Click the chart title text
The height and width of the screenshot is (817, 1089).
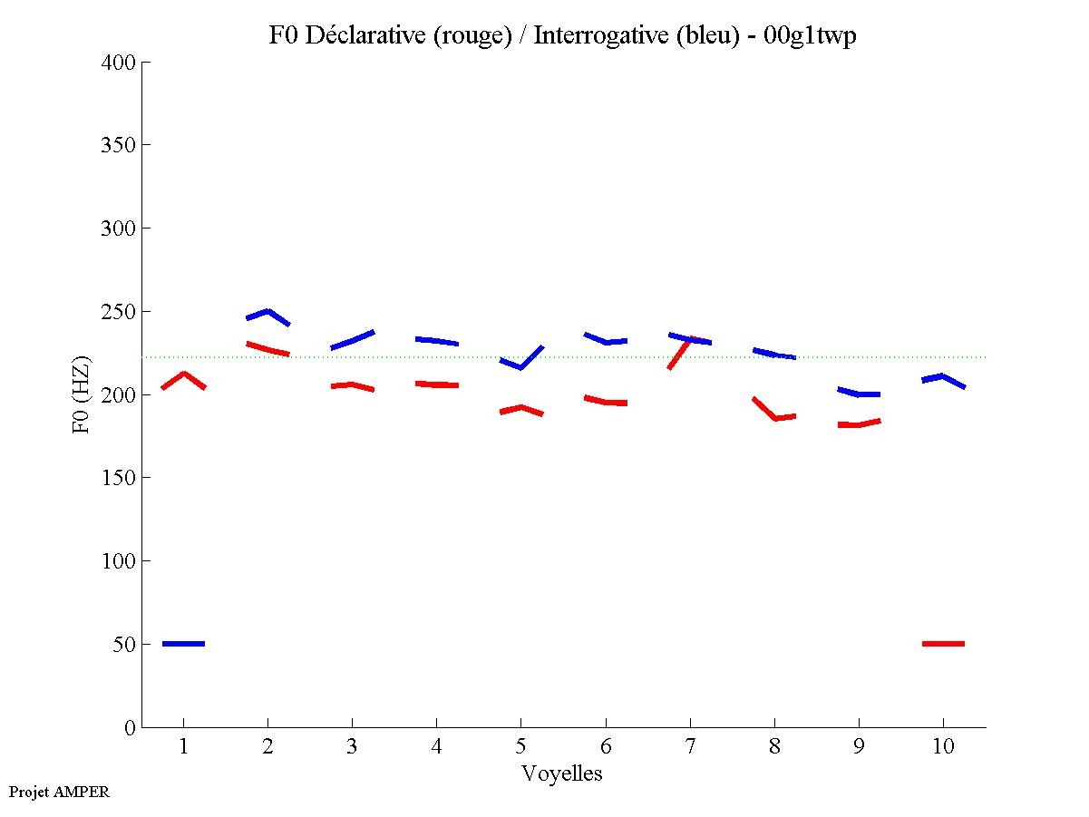562,35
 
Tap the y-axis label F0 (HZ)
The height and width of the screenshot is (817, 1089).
81,394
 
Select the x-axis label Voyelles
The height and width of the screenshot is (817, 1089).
562,773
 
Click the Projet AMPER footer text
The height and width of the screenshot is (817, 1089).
59,792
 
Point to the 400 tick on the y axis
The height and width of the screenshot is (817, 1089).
119,63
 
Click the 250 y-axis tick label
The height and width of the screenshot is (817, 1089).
119,312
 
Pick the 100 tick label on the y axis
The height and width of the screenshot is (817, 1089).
119,561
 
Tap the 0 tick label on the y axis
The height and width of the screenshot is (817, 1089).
131,728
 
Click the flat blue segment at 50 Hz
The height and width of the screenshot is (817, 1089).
183,644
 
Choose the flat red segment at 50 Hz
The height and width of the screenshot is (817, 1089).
943,644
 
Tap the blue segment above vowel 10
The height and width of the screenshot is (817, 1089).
943,378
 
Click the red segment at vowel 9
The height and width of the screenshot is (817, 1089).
859,423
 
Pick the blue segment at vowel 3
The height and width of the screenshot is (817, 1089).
352,340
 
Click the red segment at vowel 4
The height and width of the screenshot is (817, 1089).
436,384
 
